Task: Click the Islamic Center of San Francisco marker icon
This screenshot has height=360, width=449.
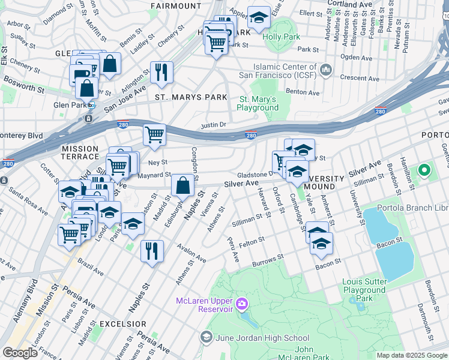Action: tap(326, 70)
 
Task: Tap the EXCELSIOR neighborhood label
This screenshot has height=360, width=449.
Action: tap(121, 323)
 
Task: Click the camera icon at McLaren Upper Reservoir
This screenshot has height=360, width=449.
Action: tap(241, 304)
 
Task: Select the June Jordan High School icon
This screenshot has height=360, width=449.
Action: tap(206, 337)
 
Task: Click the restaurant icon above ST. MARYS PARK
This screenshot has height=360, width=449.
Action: tap(161, 72)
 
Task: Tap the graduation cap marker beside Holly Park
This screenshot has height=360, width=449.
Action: tap(259, 19)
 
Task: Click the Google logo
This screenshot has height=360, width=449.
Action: tap(20, 353)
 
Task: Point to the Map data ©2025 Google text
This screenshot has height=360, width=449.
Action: tap(411, 355)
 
